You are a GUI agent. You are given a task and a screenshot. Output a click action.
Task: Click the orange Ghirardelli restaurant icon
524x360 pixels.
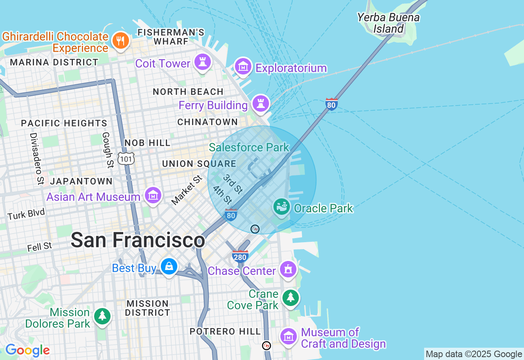120,40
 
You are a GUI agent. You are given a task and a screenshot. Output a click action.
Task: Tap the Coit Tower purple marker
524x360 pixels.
203,62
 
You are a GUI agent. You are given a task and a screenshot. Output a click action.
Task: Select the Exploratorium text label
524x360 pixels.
291,68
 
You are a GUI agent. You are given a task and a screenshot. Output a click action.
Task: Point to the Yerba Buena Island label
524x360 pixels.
388,23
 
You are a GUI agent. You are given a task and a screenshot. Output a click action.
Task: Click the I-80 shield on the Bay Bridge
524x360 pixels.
331,104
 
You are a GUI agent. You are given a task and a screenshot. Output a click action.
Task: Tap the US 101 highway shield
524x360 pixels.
126,158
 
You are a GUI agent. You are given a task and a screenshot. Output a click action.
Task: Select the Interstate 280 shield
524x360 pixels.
240,256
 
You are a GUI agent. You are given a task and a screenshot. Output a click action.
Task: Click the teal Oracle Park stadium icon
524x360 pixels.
282,207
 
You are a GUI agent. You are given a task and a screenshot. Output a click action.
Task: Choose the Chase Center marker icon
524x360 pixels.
288,269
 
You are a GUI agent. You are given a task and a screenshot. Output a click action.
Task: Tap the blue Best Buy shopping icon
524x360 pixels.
169,267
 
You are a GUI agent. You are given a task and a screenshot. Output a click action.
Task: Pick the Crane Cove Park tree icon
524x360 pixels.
291,298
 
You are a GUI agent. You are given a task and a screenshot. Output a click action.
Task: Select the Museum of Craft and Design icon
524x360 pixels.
288,336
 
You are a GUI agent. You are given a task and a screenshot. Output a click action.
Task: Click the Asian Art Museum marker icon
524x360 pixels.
153,196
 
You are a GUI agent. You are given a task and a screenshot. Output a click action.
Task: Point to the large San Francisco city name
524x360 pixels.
138,240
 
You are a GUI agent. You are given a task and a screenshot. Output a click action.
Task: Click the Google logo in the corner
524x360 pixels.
27,351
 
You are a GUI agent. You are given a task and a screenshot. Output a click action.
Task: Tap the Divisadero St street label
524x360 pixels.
36,158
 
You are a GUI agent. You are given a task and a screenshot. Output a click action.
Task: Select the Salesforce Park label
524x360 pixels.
249,147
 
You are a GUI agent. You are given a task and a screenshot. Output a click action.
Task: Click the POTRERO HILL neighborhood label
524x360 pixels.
225,331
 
